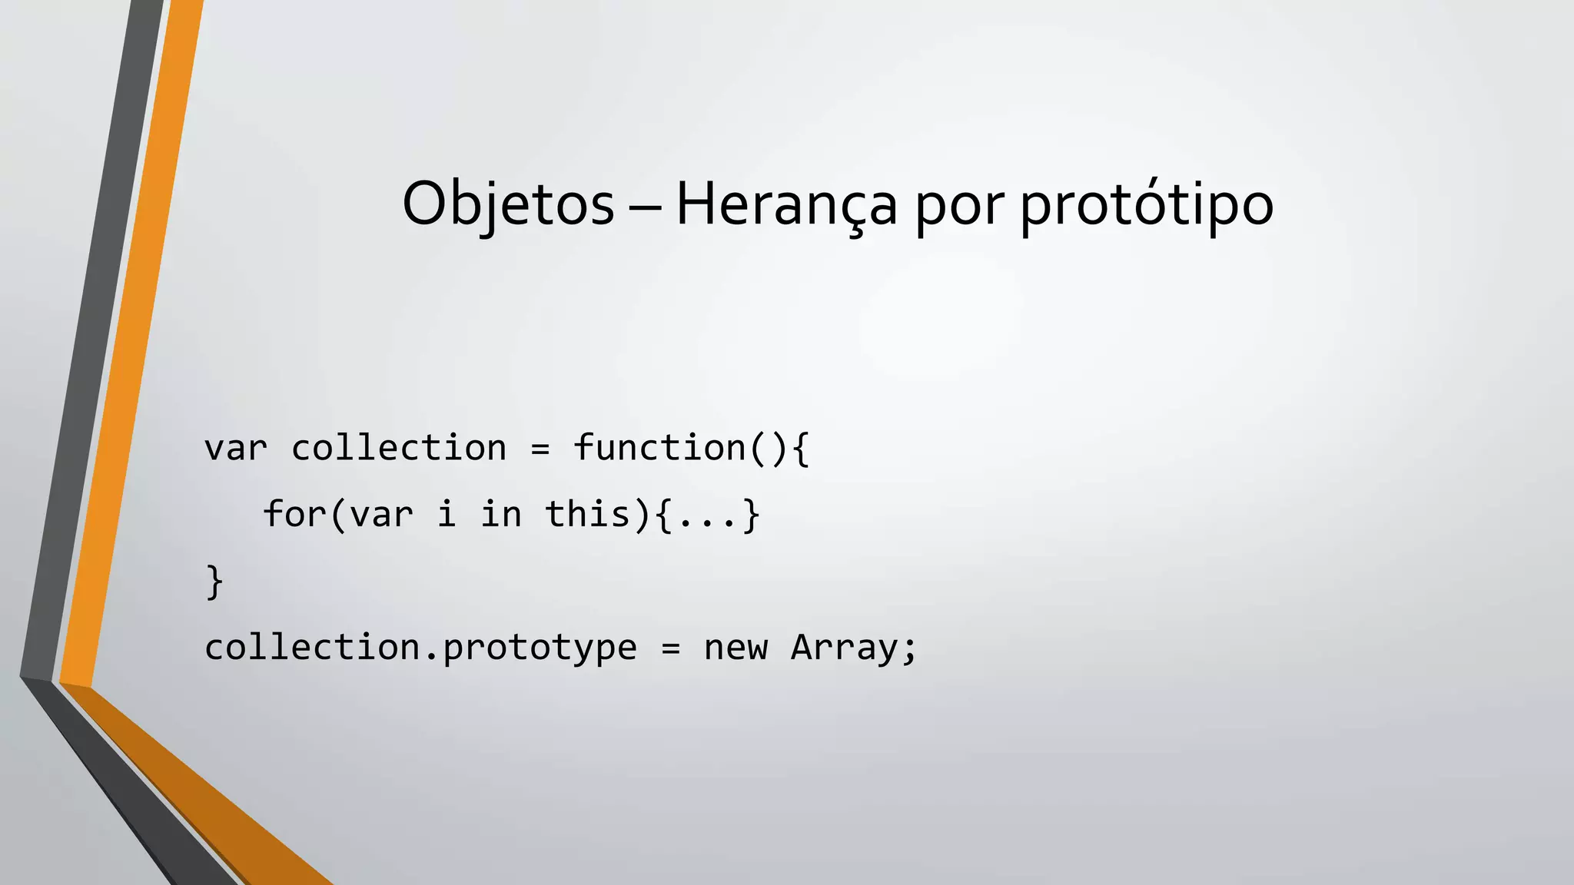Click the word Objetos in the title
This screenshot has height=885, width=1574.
(x=508, y=204)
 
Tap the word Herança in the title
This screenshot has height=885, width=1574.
(x=785, y=204)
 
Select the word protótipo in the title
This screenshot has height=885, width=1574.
(x=1146, y=204)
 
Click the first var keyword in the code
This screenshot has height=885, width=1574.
(x=236, y=449)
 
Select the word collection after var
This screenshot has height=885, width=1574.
(x=399, y=449)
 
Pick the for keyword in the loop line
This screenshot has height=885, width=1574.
(x=295, y=514)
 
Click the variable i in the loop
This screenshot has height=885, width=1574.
(x=447, y=514)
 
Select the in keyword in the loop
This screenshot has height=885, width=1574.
(x=501, y=514)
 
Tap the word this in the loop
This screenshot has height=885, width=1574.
(x=588, y=514)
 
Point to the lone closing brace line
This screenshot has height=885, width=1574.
(x=214, y=582)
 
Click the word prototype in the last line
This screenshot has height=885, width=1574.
(x=540, y=648)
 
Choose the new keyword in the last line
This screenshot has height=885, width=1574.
(x=736, y=648)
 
